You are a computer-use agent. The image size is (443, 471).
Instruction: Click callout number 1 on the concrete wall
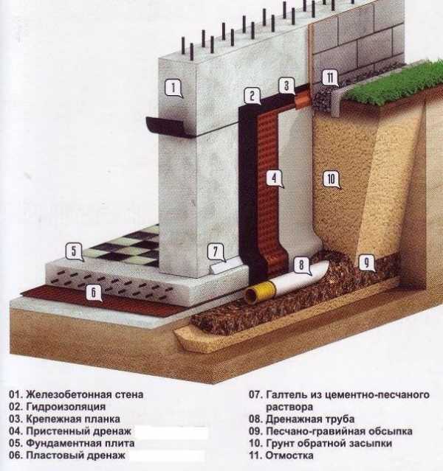click(174, 88)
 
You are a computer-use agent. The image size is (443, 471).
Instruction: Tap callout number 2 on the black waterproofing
click(253, 96)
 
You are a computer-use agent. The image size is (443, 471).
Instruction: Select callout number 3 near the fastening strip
click(286, 86)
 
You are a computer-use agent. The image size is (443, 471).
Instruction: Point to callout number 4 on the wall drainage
click(274, 178)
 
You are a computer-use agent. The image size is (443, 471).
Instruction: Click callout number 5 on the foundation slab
click(74, 251)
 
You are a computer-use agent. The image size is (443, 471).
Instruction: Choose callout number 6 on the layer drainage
click(94, 293)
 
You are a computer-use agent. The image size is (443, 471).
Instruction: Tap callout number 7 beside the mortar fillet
click(216, 252)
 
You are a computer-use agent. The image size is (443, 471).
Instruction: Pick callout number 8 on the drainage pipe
click(301, 265)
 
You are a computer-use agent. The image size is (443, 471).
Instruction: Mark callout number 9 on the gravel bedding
click(366, 262)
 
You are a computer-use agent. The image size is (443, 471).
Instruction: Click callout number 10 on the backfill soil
click(331, 179)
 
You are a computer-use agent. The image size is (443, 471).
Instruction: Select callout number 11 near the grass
click(330, 78)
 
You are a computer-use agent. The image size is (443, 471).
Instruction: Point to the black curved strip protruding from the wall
click(169, 127)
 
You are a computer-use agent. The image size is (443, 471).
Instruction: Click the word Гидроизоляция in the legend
click(66, 407)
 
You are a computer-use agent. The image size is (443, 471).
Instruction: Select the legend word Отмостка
click(289, 456)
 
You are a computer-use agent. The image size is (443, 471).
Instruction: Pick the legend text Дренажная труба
click(310, 419)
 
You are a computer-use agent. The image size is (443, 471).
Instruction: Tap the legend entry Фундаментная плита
click(80, 444)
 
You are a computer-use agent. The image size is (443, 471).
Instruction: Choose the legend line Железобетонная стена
click(85, 394)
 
